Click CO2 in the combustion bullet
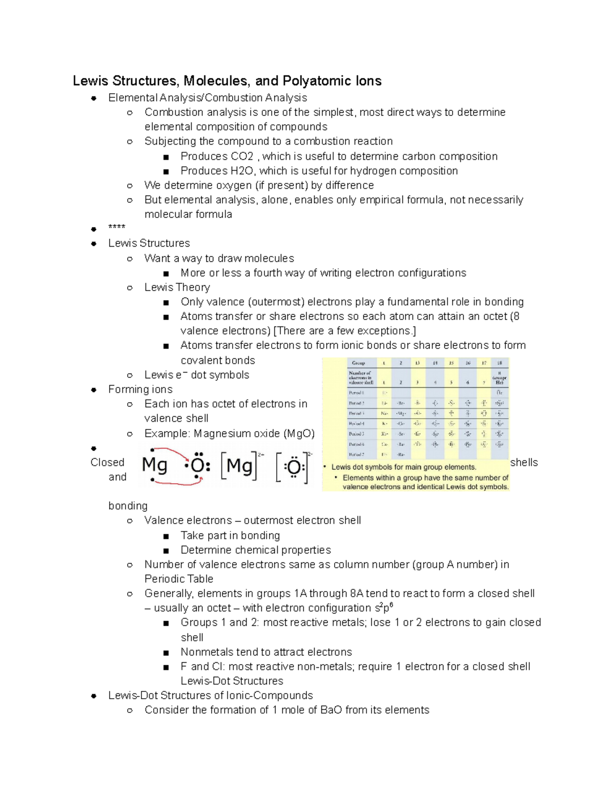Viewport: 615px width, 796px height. coord(242,156)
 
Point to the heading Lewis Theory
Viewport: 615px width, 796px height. coord(177,288)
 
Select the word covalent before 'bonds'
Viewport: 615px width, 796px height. coord(202,360)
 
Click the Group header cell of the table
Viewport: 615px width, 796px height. coord(358,363)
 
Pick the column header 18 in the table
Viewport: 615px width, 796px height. coord(499,363)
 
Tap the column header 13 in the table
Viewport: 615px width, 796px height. coord(418,363)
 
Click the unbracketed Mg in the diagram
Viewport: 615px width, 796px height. coord(154,465)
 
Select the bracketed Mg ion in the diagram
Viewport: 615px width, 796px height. coord(239,466)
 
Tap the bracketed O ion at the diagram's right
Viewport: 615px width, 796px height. coord(294,467)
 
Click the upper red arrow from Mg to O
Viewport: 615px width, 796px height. coord(174,454)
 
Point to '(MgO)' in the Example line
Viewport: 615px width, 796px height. coord(299,434)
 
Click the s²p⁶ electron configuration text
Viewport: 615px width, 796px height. coord(384,608)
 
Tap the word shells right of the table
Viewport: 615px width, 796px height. coord(524,462)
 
